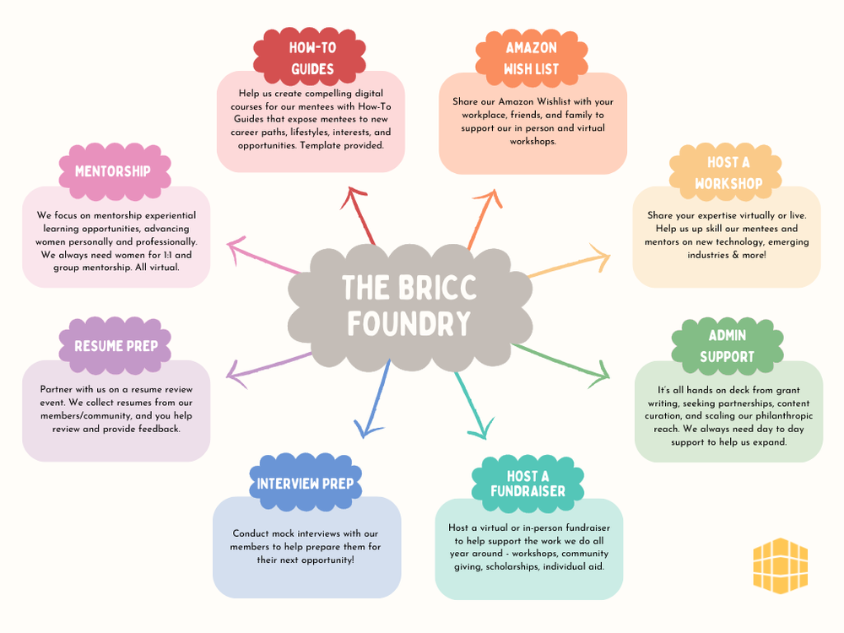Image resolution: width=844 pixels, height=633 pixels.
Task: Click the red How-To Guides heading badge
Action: coord(311,57)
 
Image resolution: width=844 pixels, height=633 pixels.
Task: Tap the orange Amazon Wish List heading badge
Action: coord(531,57)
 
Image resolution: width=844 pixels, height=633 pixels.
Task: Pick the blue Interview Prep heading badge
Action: coord(306,484)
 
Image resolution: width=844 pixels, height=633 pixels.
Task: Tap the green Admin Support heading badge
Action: coord(727,346)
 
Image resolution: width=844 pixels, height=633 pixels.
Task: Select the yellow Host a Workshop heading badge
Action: coord(728,172)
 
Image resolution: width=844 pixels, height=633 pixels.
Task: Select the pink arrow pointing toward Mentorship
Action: coord(262,257)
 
